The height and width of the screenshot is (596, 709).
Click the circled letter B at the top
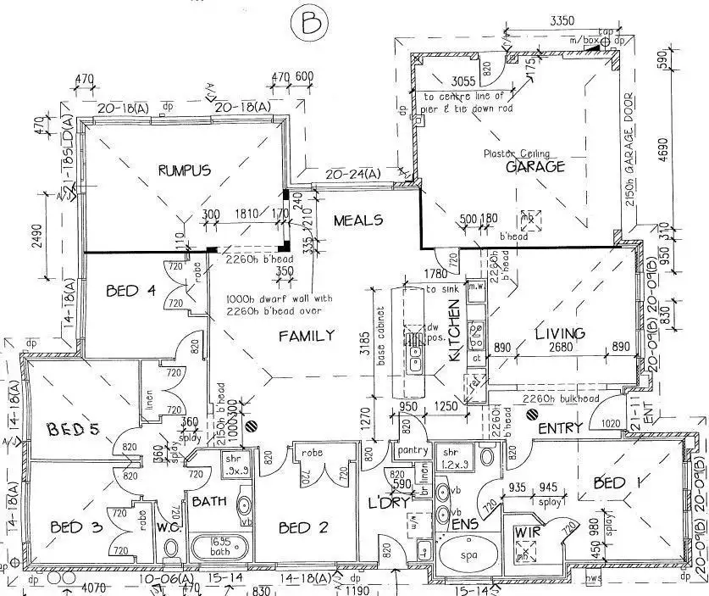[306, 24]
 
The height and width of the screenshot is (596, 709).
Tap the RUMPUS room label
[184, 170]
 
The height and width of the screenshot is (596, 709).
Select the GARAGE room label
[535, 167]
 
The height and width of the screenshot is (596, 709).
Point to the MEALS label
[357, 220]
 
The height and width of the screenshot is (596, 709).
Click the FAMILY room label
[307, 336]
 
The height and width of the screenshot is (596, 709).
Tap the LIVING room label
[560, 333]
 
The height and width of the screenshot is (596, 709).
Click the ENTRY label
[560, 427]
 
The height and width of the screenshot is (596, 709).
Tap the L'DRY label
[390, 503]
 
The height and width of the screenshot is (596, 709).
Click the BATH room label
[208, 502]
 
